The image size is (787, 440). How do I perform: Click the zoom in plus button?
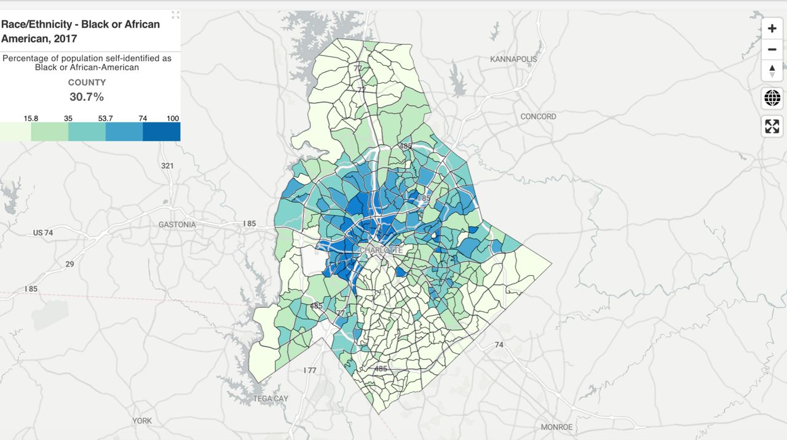[x=772, y=28]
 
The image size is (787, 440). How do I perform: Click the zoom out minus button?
[x=772, y=49]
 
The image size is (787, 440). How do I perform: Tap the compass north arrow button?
[x=772, y=70]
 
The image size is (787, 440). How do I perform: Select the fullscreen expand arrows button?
[x=772, y=126]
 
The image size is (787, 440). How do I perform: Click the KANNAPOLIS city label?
[x=513, y=59]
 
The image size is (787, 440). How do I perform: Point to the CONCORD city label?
[x=538, y=116]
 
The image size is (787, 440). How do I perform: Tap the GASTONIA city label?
[x=177, y=225]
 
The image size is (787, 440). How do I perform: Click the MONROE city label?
[x=556, y=427]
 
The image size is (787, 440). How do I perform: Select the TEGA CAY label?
[x=271, y=399]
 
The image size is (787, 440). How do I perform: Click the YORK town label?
[x=142, y=421]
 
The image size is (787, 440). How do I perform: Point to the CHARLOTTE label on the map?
[x=381, y=250]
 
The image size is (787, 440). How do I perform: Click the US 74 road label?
[x=43, y=233]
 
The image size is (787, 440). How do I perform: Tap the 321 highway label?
[x=167, y=166]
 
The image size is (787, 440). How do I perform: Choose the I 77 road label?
[x=310, y=370]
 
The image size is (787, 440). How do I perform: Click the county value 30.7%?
[x=87, y=97]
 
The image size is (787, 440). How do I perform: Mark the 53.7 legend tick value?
[x=106, y=118]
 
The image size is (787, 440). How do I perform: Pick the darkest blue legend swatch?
[x=162, y=132]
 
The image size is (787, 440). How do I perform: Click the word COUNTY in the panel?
[x=87, y=82]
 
